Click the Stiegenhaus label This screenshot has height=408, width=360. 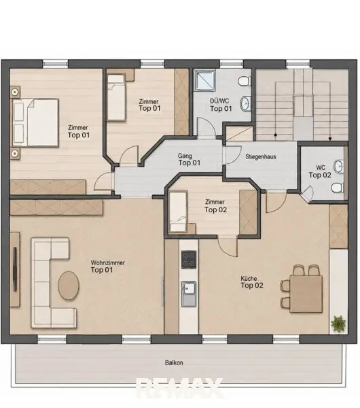click(261, 157)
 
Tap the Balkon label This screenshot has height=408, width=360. click(174, 362)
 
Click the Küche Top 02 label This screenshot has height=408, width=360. click(251, 282)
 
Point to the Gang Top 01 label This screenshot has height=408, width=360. click(190, 160)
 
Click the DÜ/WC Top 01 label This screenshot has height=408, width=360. click(221, 105)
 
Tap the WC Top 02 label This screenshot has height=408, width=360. click(320, 171)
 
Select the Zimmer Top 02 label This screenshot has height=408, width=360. click(215, 206)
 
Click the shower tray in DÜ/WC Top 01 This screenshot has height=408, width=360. click(204, 80)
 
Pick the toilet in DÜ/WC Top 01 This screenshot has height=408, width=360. click(245, 81)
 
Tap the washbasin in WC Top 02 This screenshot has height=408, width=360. click(339, 167)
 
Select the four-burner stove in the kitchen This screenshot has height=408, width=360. click(189, 260)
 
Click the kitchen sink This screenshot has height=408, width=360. click(189, 294)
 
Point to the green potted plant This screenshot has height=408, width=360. click(338, 324)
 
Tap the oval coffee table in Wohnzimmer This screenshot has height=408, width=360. click(68, 286)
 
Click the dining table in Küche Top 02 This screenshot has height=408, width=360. click(306, 294)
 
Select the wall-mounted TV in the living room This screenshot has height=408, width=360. click(15, 269)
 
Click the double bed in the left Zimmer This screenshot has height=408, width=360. click(36, 122)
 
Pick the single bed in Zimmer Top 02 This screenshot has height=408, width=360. click(178, 211)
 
